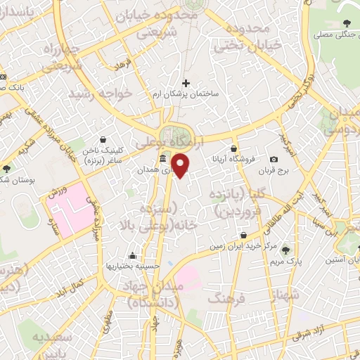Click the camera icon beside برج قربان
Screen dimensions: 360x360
pos(274,160)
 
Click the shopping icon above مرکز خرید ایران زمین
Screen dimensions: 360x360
pos(243,236)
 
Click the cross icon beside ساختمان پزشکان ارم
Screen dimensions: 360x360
pos(186,83)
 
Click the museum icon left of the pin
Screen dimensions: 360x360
pos(163,158)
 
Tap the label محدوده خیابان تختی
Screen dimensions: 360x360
pos(243,38)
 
